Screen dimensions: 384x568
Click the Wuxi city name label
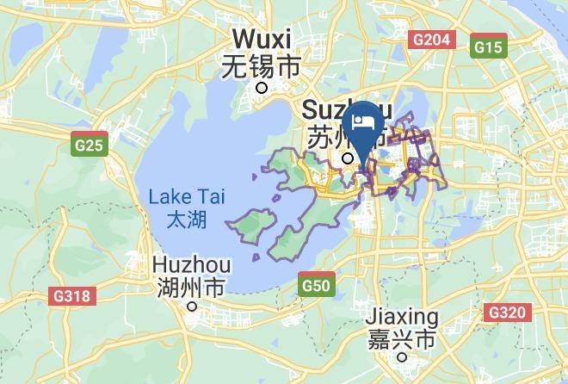262,40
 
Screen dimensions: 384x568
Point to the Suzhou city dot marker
348,158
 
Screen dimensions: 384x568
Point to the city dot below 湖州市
194,306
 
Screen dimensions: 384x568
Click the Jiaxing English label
402,317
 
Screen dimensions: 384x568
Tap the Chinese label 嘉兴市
402,339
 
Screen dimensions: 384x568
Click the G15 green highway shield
489,47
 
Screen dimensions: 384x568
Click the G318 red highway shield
71,297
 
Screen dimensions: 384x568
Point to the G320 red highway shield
506,312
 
